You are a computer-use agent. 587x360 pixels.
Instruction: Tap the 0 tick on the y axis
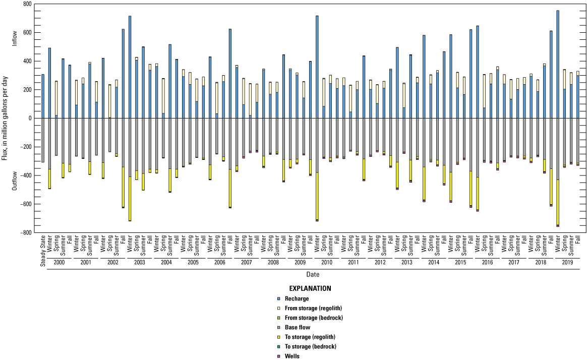tap(30, 118)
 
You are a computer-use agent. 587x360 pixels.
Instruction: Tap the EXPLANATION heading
tap(310, 289)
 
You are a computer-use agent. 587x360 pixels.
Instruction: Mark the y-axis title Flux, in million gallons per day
tap(6, 118)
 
